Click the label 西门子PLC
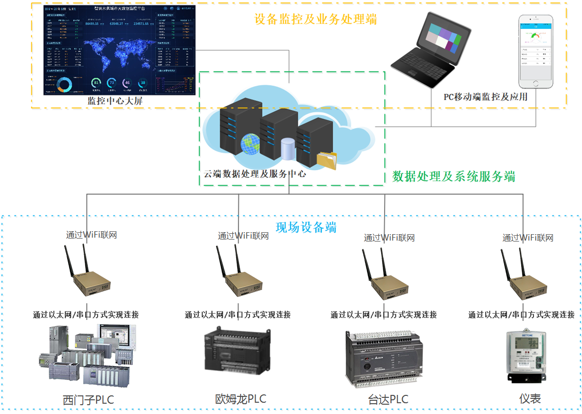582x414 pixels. click(88, 400)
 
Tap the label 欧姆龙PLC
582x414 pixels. click(241, 399)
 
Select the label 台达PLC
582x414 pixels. click(388, 399)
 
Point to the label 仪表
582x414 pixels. click(530, 399)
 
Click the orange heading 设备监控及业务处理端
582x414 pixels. click(315, 19)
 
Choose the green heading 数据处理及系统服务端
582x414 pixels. click(454, 176)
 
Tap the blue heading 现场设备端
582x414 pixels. click(306, 227)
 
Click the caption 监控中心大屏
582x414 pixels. click(115, 101)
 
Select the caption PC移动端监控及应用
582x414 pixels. click(485, 97)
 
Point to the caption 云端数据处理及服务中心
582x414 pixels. click(255, 173)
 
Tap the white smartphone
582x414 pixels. click(535, 51)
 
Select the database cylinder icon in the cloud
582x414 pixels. click(288, 149)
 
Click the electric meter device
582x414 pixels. click(526, 357)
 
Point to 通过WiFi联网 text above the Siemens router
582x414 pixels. click(92, 235)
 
